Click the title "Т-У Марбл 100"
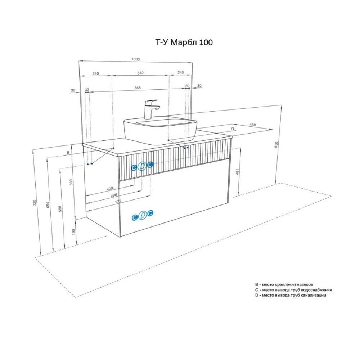click(184, 42)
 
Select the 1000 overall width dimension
click(136, 59)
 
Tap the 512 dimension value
click(140, 73)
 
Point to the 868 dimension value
click(138, 88)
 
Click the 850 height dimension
click(276, 145)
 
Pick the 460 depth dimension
click(253, 125)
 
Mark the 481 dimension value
click(237, 171)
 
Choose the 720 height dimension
click(35, 202)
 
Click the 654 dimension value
click(48, 205)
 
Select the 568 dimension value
click(60, 209)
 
